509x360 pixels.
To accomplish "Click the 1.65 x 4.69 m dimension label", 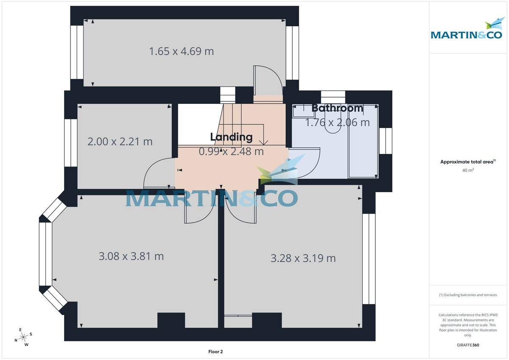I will click(x=182, y=51).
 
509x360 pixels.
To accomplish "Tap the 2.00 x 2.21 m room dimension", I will click(x=120, y=141).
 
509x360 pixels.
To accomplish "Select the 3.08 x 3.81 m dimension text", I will click(x=131, y=256).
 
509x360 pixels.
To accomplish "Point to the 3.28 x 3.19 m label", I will click(x=303, y=258).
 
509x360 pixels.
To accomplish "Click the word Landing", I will click(x=232, y=137).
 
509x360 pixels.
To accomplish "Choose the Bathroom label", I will click(x=338, y=108).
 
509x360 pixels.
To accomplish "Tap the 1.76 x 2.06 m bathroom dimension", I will click(x=338, y=123).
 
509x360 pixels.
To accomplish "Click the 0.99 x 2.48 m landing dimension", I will click(x=232, y=151).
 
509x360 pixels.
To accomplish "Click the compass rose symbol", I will click(x=24, y=337).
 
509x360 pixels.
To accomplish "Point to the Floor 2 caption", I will click(x=215, y=352).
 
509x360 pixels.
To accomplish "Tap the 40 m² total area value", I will click(x=468, y=170).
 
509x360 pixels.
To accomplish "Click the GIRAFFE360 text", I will click(x=468, y=345).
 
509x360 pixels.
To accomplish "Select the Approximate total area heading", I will click(x=468, y=162).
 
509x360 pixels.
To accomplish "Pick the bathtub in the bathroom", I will click(x=363, y=142).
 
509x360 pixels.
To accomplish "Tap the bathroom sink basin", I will click(x=302, y=111).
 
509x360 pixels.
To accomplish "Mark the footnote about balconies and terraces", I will click(x=468, y=295).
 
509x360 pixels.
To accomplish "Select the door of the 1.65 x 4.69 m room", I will click(x=267, y=83).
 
